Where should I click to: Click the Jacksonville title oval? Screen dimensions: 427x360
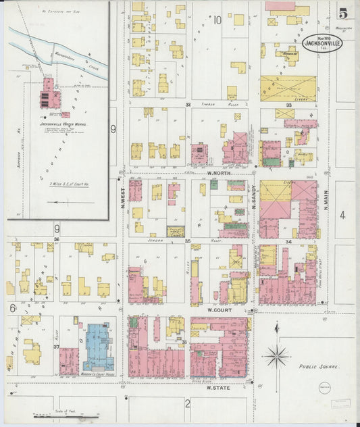(x=322, y=43)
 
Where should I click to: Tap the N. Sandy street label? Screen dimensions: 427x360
(x=254, y=196)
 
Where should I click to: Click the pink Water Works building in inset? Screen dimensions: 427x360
(x=49, y=95)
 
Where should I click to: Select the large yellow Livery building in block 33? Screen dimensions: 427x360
(x=288, y=88)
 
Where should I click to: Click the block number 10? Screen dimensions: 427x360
(x=217, y=20)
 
